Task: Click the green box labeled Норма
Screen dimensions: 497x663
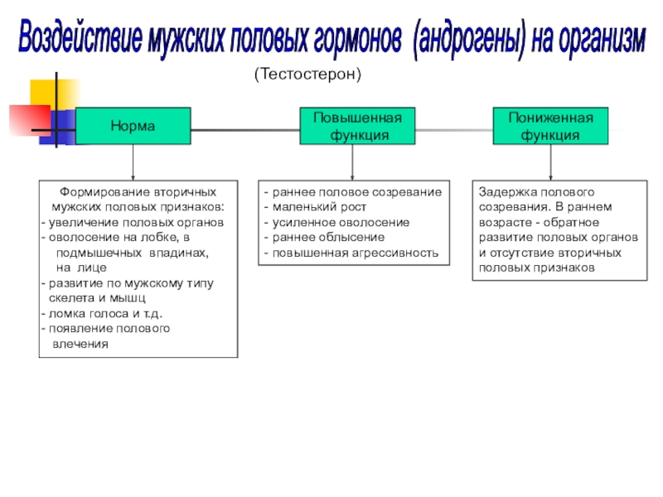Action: click(x=133, y=126)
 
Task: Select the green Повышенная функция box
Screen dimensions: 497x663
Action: click(x=351, y=126)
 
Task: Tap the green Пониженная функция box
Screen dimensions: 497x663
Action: click(x=550, y=126)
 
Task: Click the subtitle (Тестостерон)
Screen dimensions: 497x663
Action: click(x=308, y=75)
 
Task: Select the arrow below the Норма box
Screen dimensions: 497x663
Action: click(x=133, y=162)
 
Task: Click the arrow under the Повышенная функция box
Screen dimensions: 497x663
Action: click(x=352, y=162)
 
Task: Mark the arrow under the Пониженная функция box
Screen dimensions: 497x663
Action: click(x=550, y=162)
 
